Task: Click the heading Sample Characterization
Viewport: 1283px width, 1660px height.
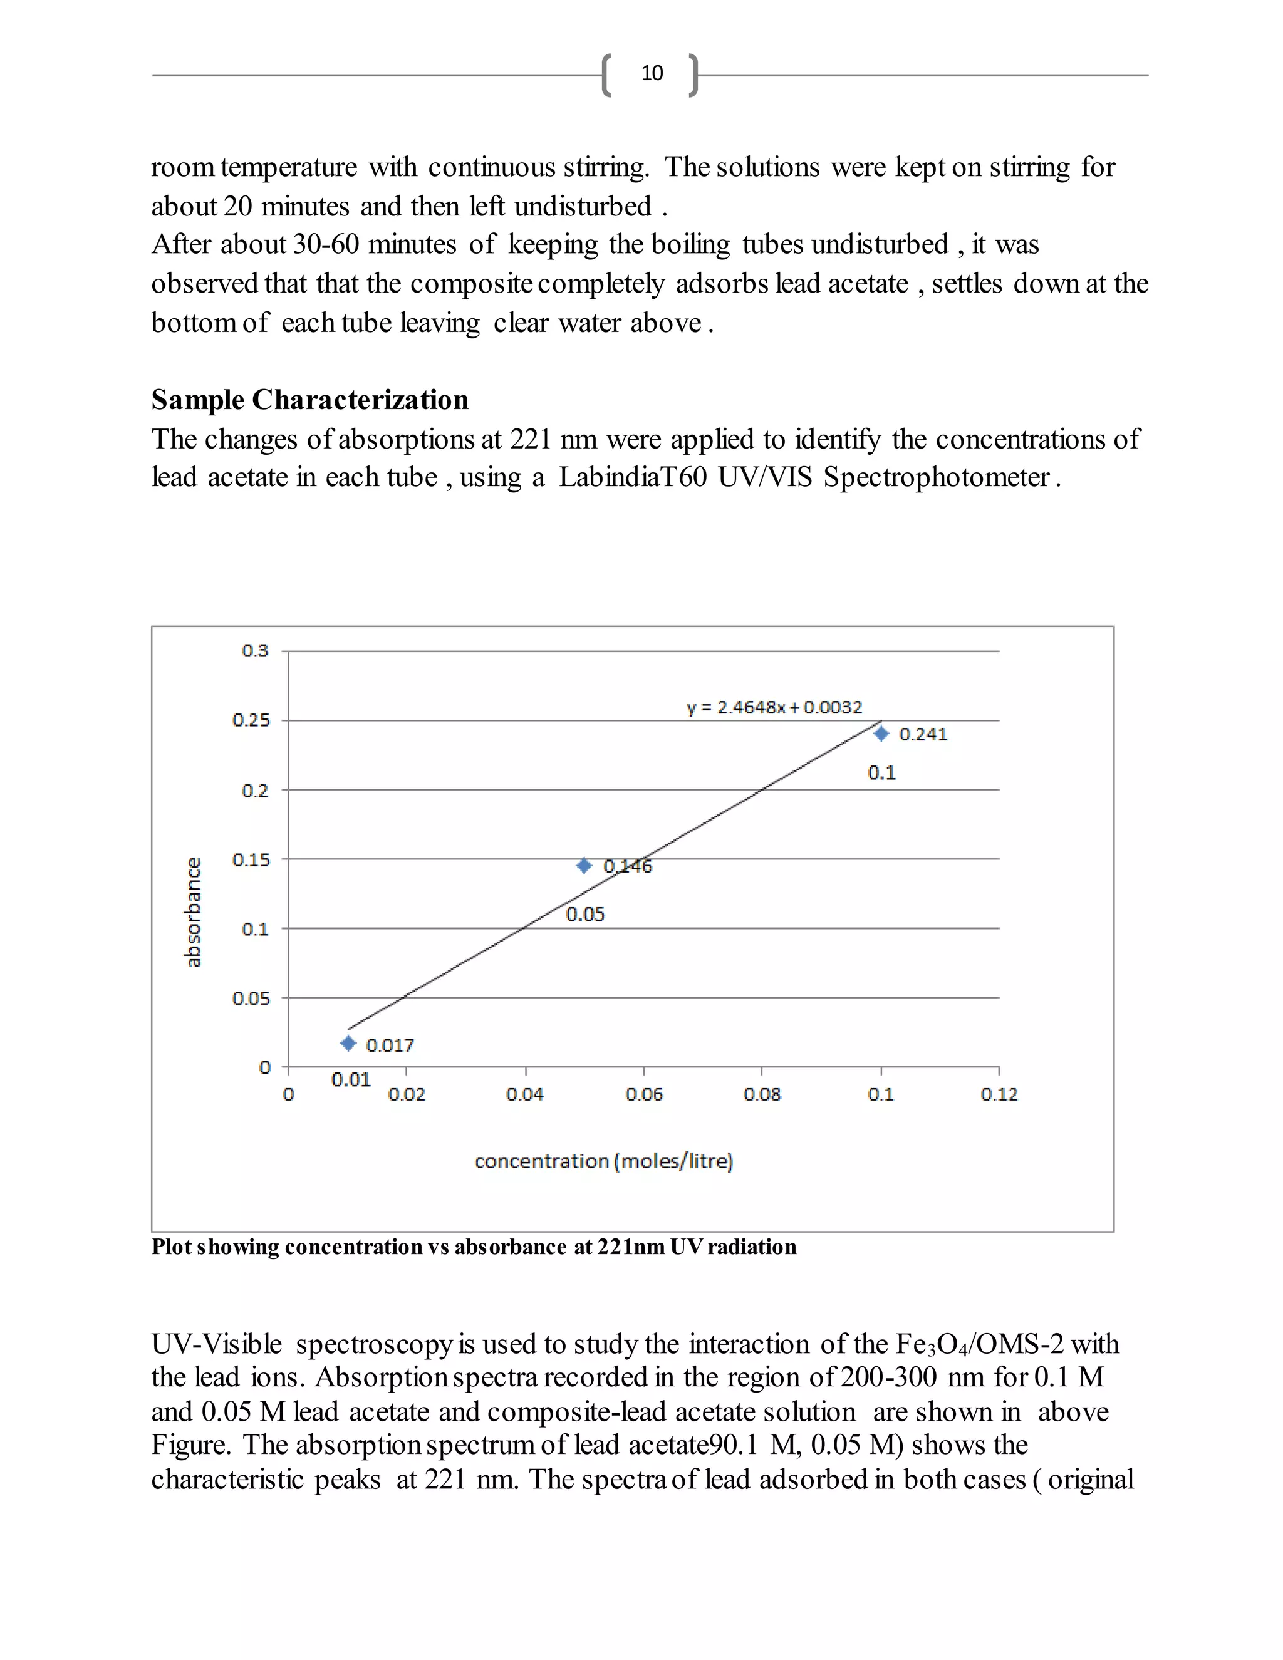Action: click(309, 400)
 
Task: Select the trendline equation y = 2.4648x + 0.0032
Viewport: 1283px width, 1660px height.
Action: click(774, 708)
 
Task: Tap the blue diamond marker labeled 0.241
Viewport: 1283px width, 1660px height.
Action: click(881, 734)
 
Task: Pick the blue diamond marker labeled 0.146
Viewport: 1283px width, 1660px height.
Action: click(584, 866)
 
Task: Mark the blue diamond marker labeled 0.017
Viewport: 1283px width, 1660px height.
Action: click(348, 1044)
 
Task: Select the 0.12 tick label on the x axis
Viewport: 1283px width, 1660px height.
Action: click(999, 1094)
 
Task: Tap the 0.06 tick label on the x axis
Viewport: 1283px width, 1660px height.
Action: click(644, 1094)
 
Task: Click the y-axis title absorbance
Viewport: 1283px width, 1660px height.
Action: click(193, 912)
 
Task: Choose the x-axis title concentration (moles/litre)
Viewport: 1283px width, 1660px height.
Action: click(603, 1161)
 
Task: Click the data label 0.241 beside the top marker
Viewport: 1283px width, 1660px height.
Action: click(923, 734)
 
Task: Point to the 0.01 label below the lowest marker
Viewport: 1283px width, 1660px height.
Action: click(350, 1079)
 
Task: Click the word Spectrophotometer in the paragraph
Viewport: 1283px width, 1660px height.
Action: click(937, 477)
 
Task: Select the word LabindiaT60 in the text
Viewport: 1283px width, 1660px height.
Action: click(632, 477)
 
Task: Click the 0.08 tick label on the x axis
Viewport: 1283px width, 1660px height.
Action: click(762, 1094)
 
